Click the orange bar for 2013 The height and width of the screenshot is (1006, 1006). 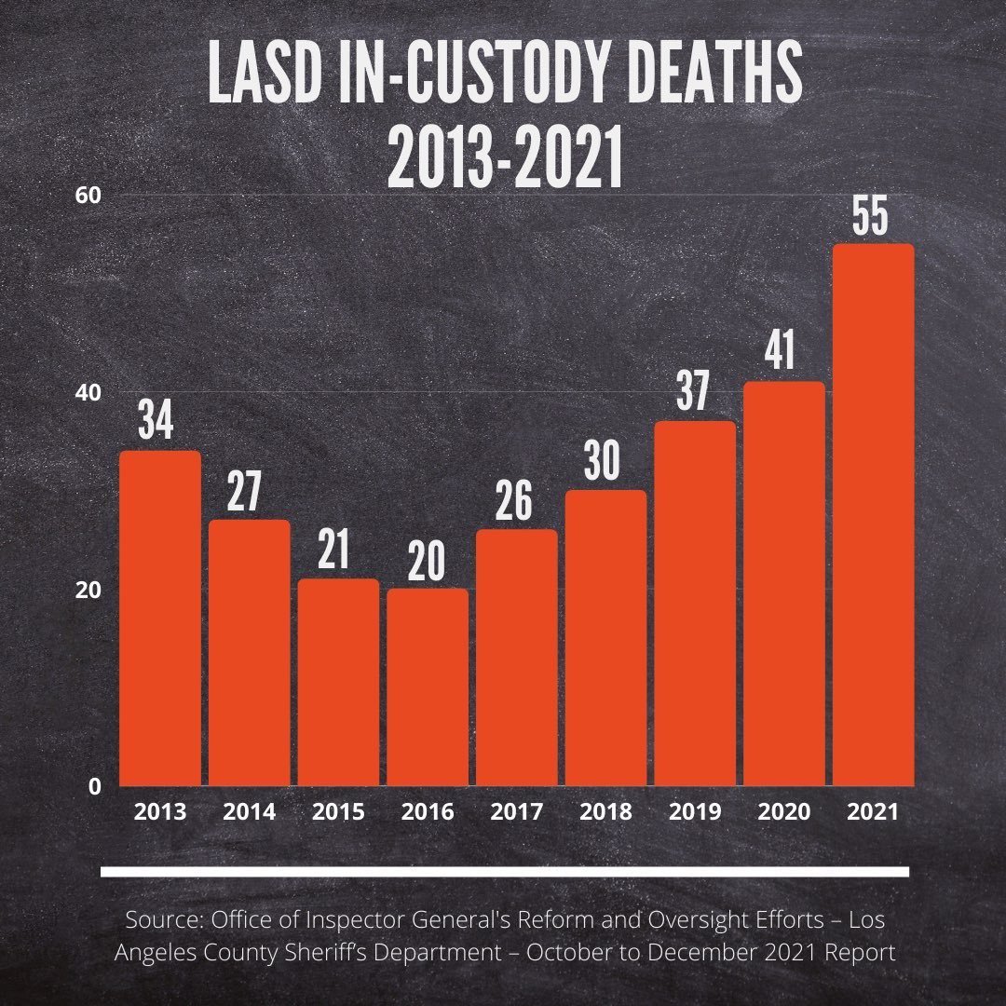click(x=160, y=619)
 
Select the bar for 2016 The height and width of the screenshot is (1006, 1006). click(x=428, y=687)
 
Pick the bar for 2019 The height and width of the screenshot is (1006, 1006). click(x=695, y=604)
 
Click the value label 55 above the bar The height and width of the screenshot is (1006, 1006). click(x=873, y=216)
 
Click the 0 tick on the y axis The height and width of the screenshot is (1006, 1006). click(x=95, y=787)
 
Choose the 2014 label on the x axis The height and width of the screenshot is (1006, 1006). click(x=249, y=812)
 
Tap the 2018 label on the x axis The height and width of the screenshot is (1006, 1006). click(x=605, y=812)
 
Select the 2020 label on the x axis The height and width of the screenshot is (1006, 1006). click(x=783, y=812)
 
